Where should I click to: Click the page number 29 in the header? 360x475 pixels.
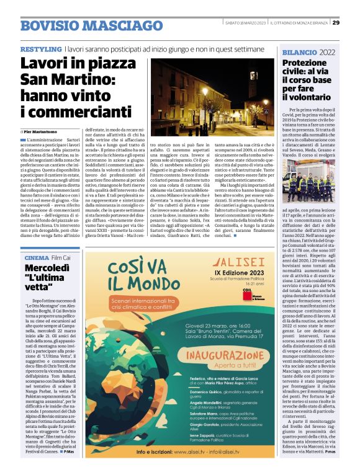(335, 23)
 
